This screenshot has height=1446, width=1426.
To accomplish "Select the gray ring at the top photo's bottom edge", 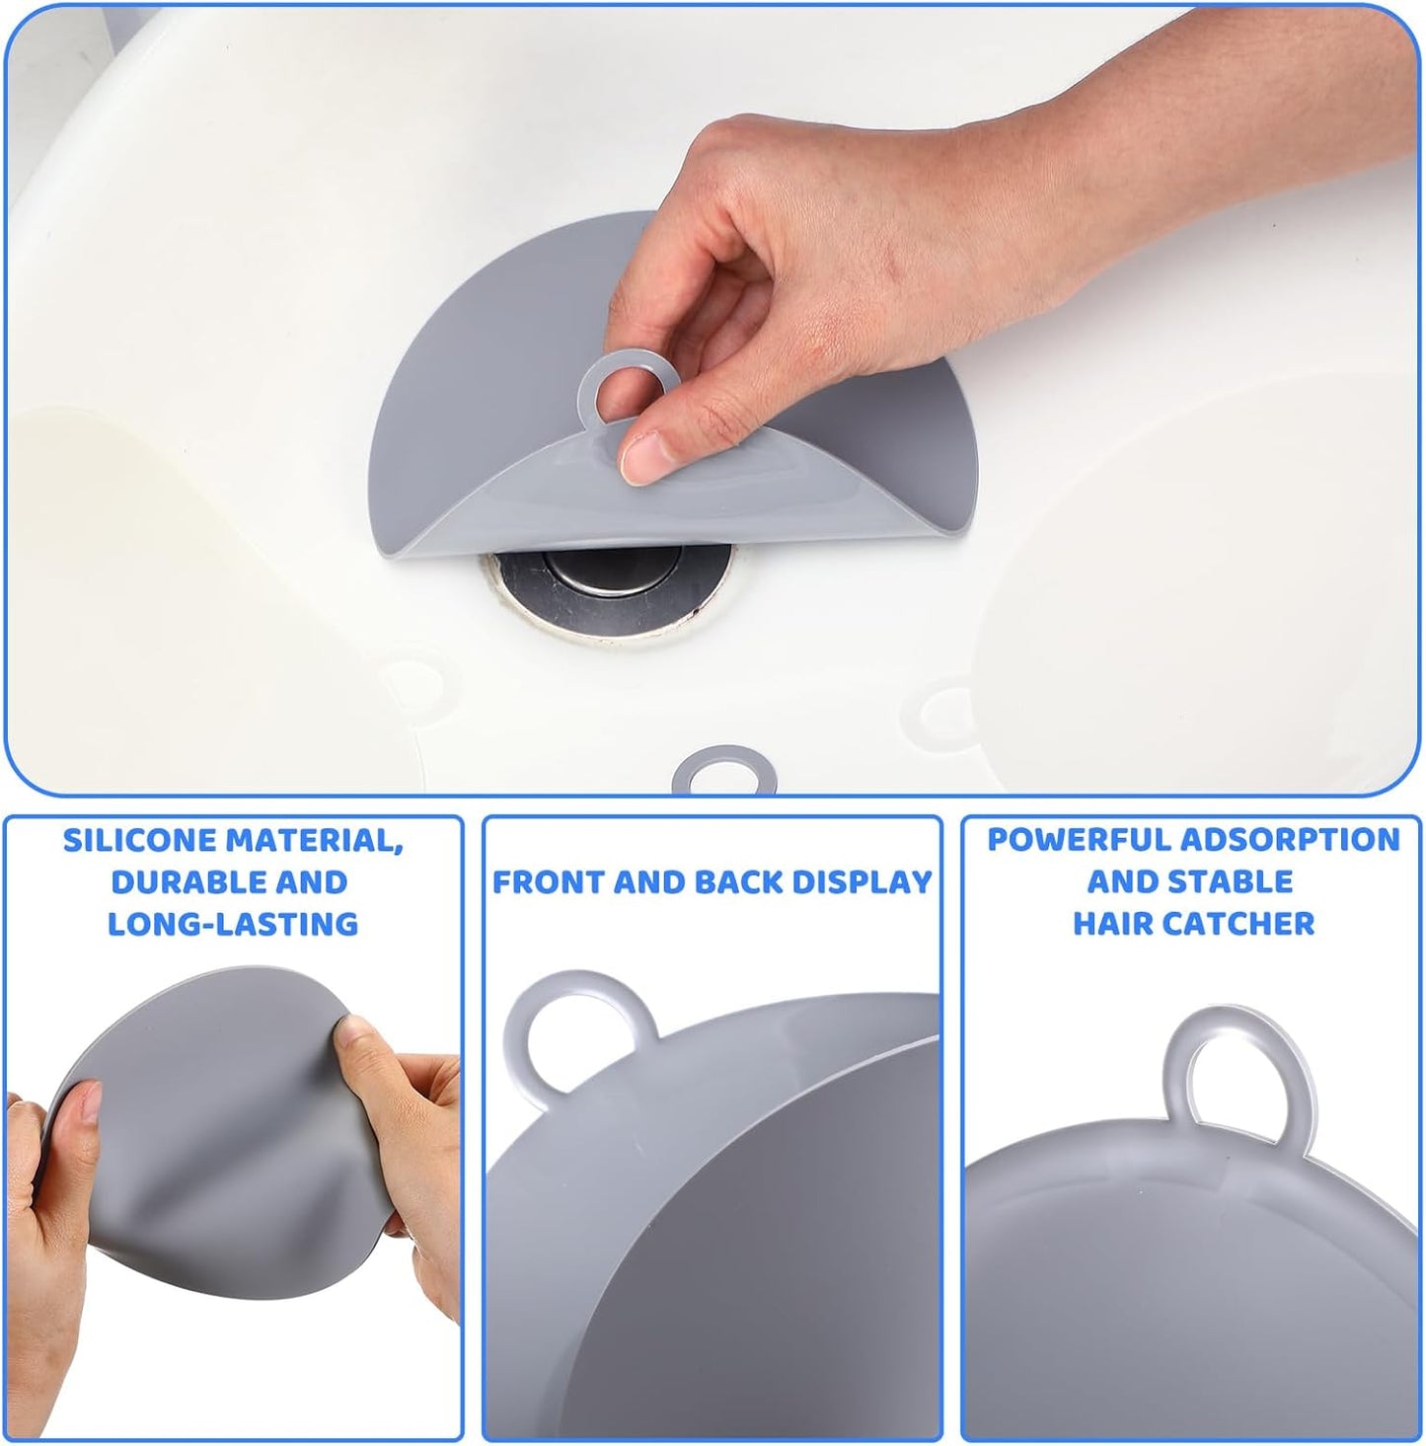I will point(723,770).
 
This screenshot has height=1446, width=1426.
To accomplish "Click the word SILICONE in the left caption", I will point(140,840).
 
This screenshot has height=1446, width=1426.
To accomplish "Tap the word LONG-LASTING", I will point(233,924).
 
